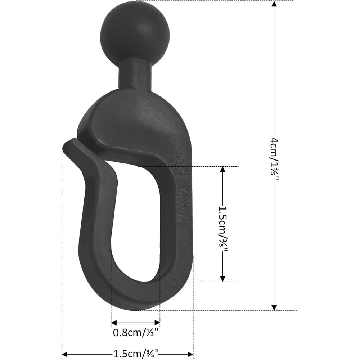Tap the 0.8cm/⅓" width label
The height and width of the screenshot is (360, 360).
tap(136, 333)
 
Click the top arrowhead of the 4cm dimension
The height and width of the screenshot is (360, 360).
tap(274, 5)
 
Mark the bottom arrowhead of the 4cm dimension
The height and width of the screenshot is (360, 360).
tap(274, 307)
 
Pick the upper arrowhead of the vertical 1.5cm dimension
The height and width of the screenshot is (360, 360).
tap(222, 170)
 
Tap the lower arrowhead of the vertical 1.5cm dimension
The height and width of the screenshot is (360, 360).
tap(222, 278)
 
